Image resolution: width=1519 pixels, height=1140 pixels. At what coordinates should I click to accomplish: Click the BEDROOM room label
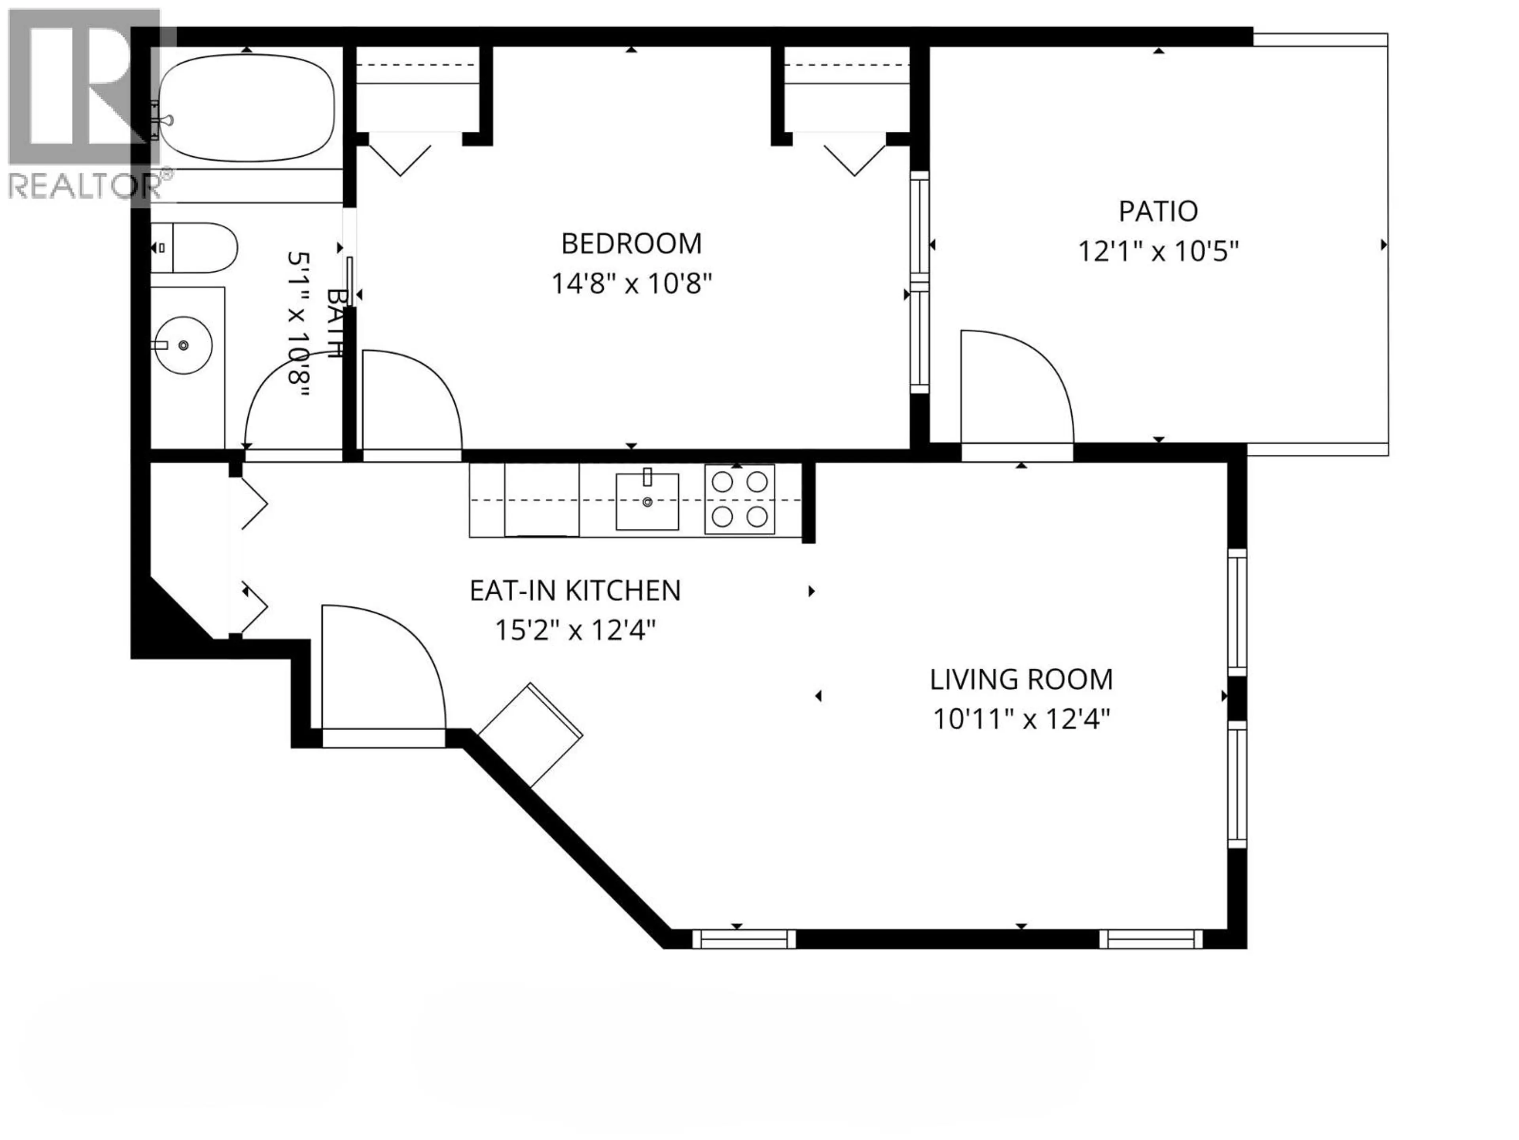coord(631,243)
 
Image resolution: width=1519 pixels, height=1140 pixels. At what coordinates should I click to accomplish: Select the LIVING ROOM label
coord(1021,680)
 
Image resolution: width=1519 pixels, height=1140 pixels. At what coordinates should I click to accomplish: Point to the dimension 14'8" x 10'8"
coord(631,283)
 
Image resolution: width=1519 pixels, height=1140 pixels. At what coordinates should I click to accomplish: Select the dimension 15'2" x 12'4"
coord(575,630)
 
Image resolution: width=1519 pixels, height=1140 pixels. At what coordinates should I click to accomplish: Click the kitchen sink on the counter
coord(647,502)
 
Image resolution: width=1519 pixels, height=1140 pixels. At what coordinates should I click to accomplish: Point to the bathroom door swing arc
coord(288,405)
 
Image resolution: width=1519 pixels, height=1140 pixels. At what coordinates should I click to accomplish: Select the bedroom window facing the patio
coord(919,282)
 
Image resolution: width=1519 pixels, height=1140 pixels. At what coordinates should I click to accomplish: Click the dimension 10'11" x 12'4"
coord(1021,720)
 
